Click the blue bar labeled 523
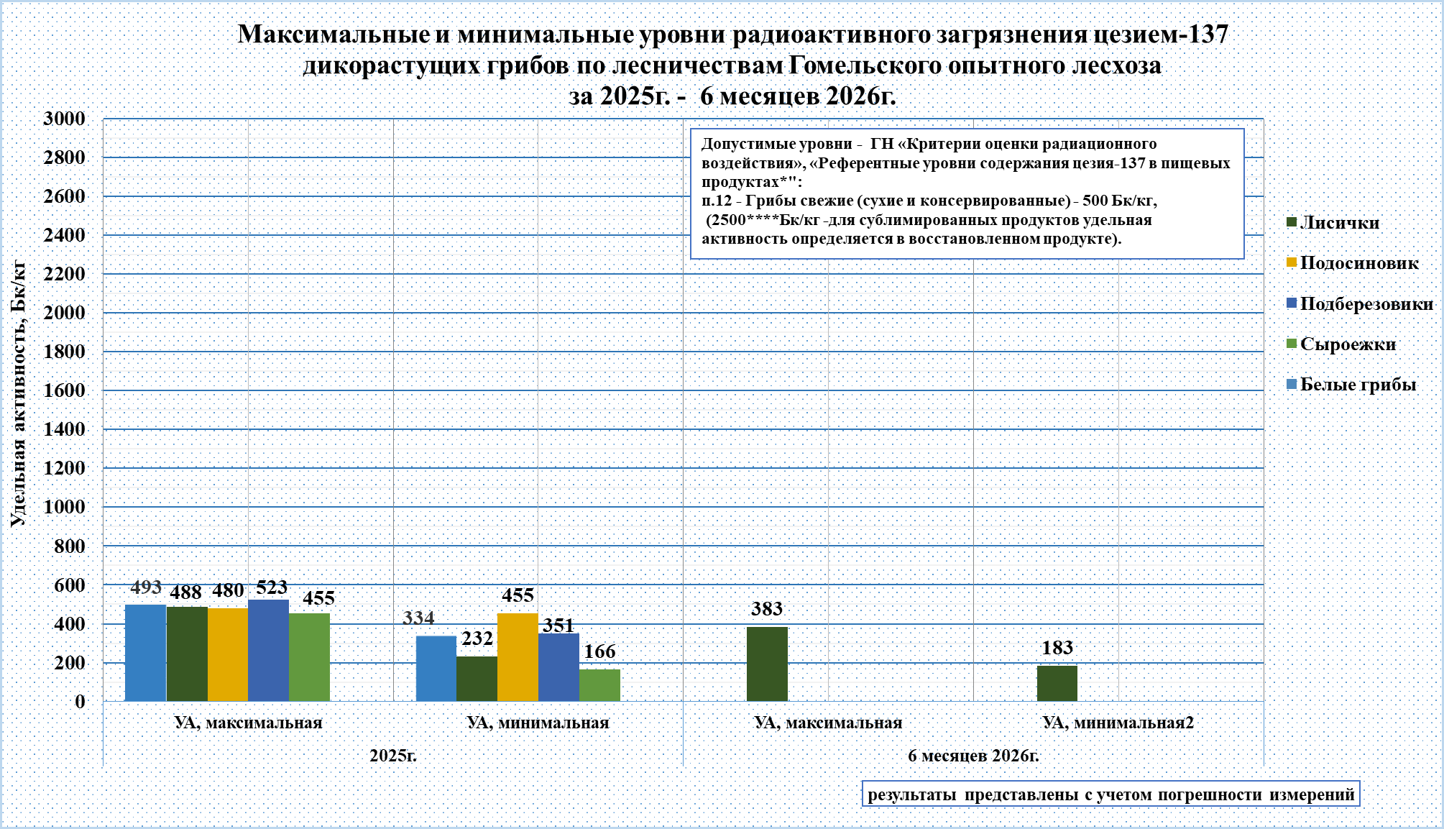coord(268,651)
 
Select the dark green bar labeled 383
coord(767,664)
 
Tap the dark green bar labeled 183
coord(1057,684)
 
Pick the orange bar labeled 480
coord(228,655)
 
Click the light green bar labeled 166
coord(599,685)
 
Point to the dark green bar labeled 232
coord(477,679)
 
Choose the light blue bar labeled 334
coord(436,669)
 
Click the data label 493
coord(146,587)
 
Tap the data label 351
coord(558,626)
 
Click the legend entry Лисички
coord(1333,223)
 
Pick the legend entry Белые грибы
coord(1351,385)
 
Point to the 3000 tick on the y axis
coord(64,119)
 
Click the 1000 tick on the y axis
coord(64,507)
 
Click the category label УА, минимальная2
coord(1118,723)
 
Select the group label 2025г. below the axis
coord(393,756)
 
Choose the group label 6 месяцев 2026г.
coord(974,756)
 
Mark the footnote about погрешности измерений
coord(1111,794)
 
